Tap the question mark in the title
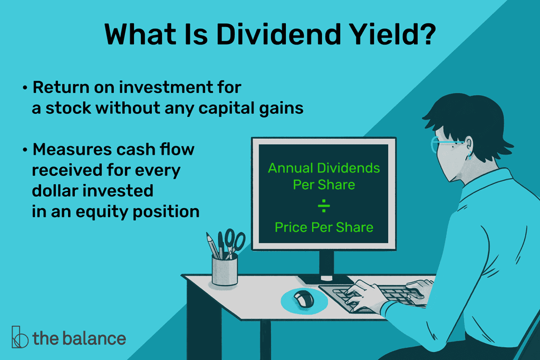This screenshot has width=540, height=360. pos(428,34)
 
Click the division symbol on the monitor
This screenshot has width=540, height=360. pos(324,206)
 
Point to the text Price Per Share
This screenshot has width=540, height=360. pos(324,227)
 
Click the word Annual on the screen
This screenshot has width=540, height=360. pos(291,168)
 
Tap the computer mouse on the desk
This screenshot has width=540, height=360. pos(304,298)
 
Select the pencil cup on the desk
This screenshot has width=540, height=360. pos(225,270)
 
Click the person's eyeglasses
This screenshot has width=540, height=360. pos(444,144)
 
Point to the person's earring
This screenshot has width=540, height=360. pos(469,156)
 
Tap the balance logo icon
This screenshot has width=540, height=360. pos(20,337)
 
